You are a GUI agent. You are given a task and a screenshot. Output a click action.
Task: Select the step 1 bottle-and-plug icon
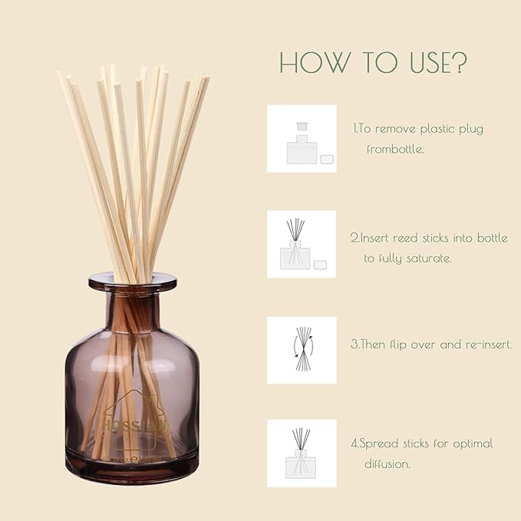302,139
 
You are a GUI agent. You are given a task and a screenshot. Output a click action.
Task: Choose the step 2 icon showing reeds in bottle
302,244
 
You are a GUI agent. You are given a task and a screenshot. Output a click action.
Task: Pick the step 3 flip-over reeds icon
302,350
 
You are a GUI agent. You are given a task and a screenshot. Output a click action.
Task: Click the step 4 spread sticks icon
302,453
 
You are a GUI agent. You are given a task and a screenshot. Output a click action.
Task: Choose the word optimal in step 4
469,444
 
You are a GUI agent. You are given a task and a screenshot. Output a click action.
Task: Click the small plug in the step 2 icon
320,265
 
